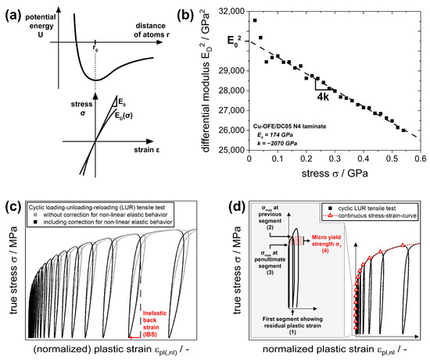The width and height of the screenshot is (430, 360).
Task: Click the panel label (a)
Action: (x=13, y=11)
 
